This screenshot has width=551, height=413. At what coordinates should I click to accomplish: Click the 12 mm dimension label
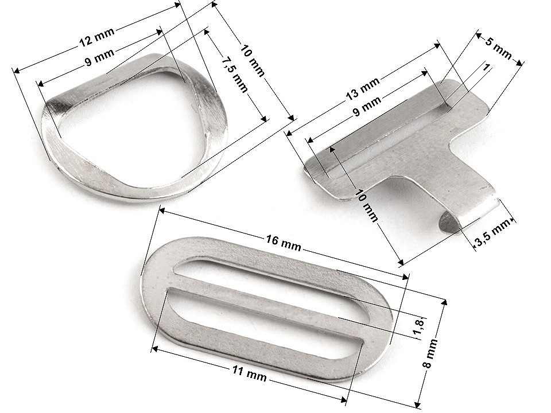coord(97,37)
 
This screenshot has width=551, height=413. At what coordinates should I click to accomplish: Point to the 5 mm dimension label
coord(499,48)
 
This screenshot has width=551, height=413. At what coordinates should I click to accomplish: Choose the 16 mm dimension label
coord(283,243)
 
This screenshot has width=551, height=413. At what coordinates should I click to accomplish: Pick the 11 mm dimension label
coord(249,373)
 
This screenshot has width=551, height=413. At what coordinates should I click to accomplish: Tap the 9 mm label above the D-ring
coord(100,57)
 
